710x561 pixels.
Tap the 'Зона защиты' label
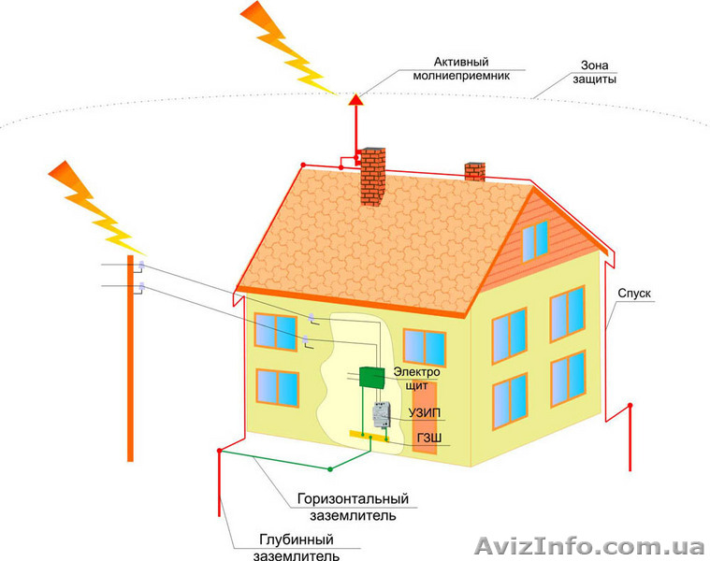pos(595,72)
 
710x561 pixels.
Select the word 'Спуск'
pos(634,293)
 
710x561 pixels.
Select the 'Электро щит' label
pos(416,379)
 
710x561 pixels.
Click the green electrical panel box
pos(372,376)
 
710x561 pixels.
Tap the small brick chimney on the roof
pos(475,171)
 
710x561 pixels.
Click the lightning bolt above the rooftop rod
pos(285,45)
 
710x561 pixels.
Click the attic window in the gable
pos(535,239)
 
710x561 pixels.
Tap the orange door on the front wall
pos(425,425)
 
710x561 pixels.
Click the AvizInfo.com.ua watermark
pos(589,545)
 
